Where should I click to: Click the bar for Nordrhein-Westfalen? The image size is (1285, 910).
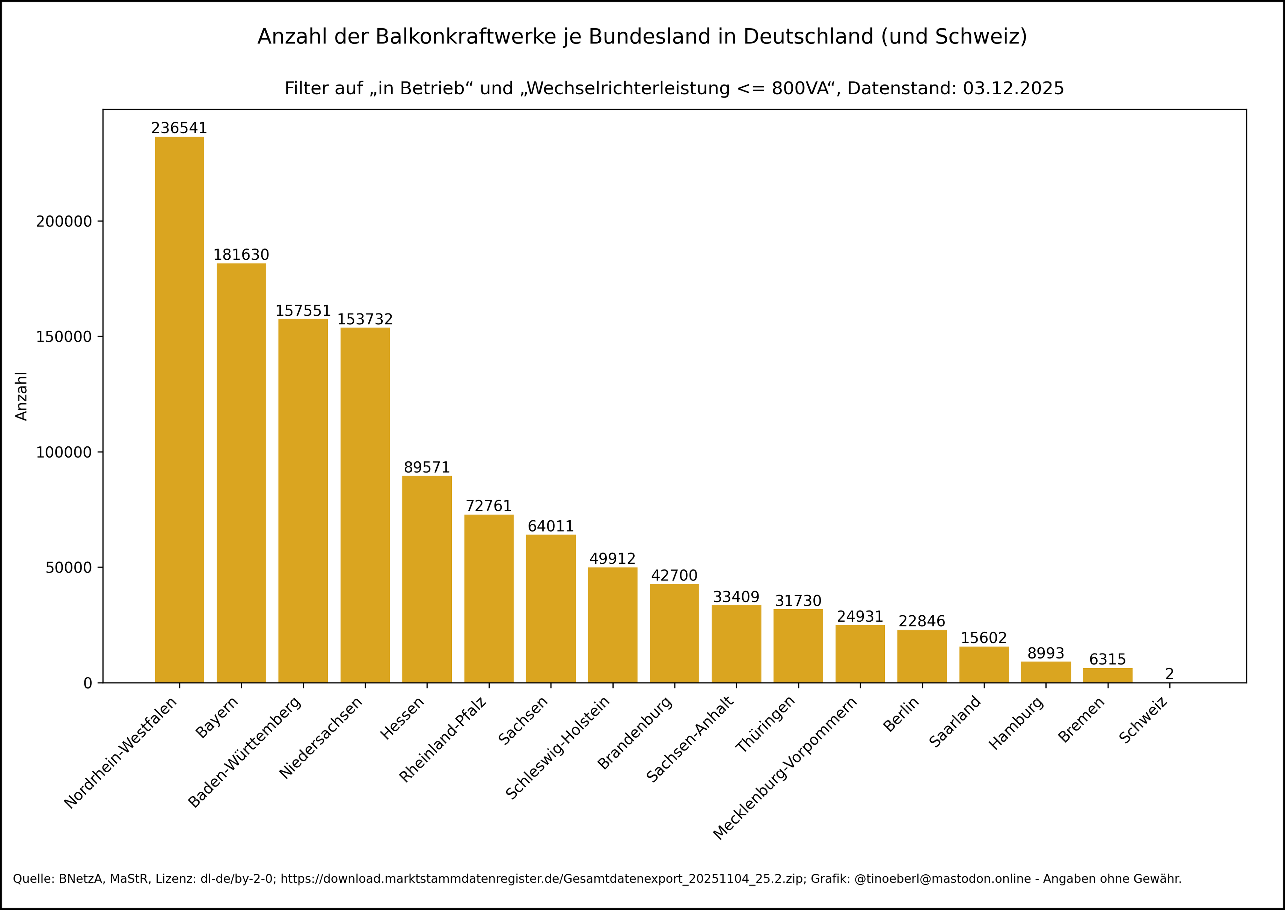coord(179,409)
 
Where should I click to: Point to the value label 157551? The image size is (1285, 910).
coord(303,311)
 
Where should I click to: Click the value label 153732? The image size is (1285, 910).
coord(365,319)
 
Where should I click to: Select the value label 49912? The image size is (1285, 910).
coord(612,559)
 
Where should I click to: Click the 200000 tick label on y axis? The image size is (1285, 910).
coord(64,221)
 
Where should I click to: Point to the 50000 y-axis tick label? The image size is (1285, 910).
coord(68,568)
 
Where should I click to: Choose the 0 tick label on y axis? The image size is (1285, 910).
coord(87,683)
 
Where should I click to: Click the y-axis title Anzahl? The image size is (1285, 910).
coord(21,396)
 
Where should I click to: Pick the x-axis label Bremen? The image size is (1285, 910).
coord(1080,720)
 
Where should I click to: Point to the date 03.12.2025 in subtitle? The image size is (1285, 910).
coord(1013,89)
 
